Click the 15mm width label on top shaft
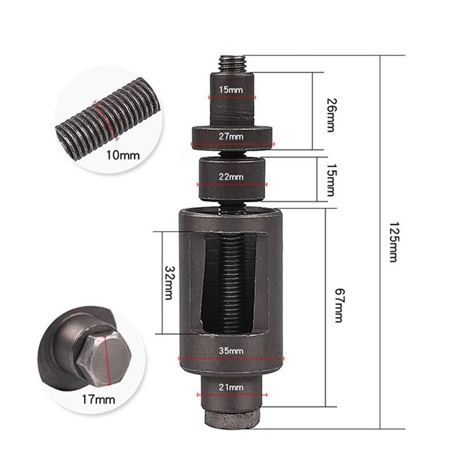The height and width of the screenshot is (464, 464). tap(231, 89)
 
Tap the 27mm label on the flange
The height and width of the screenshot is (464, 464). tap(231, 136)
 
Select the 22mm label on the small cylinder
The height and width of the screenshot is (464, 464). tap(231, 177)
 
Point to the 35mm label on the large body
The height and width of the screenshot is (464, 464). tap(231, 351)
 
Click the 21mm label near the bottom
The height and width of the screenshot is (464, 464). tap(231, 387)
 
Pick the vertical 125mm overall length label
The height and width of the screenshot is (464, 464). tap(393, 242)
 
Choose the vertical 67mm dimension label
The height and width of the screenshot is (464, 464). tap(339, 306)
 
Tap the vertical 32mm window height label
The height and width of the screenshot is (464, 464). tap(169, 283)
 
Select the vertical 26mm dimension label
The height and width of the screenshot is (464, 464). tap(331, 115)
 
